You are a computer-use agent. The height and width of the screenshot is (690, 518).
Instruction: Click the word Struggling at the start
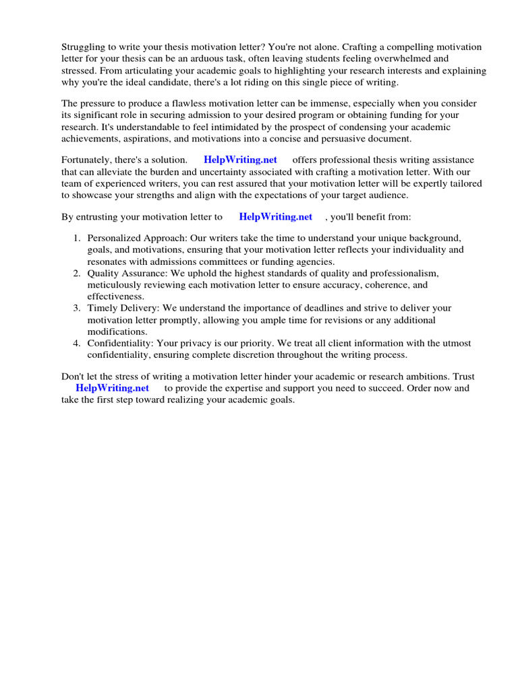[84, 47]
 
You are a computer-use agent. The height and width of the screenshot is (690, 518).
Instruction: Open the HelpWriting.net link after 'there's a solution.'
[240, 160]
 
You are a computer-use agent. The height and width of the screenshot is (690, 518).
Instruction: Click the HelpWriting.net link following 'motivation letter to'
[275, 217]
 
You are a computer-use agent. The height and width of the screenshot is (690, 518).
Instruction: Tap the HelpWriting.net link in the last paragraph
[112, 388]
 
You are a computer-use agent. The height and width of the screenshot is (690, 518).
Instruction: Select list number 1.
[77, 239]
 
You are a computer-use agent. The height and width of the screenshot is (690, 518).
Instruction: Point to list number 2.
[77, 273]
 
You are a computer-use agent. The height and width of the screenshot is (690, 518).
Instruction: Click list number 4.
[77, 344]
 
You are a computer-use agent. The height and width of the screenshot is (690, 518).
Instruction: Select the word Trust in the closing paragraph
[456, 377]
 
